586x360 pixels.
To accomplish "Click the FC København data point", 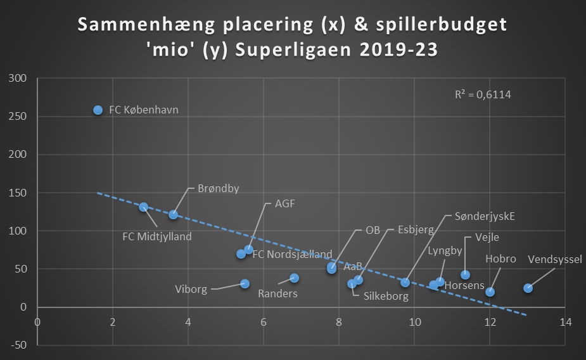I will click(98, 110).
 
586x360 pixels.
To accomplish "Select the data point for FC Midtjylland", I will click(143, 207).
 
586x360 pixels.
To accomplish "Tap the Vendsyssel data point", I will click(528, 288).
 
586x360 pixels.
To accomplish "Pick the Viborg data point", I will click(245, 284).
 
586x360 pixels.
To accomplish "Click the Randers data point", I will click(294, 278).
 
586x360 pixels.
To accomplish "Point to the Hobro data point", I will click(490, 292).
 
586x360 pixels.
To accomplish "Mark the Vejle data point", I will click(465, 274).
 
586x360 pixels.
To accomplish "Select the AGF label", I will click(285, 204).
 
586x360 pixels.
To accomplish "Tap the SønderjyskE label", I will click(485, 216).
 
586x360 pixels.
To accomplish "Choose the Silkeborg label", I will click(385, 295).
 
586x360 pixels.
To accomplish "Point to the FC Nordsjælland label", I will click(292, 255).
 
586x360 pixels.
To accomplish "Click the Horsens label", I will click(464, 285).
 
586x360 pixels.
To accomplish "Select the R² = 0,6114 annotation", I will click(483, 95).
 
